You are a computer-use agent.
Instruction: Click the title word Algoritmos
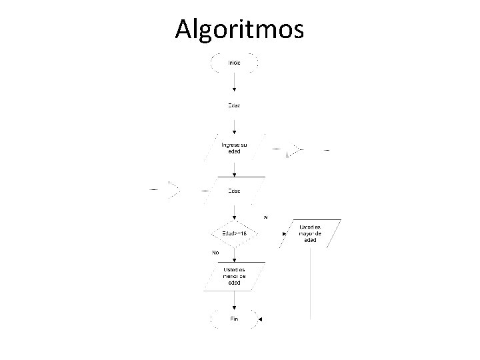239,29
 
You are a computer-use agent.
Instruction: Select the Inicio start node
235,62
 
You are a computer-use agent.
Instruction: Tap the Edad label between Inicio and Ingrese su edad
235,105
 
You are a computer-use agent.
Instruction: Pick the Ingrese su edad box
235,148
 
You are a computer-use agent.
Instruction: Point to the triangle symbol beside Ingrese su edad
294,151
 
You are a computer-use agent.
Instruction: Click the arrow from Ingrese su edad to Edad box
235,167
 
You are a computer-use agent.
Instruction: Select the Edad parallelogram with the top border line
235,190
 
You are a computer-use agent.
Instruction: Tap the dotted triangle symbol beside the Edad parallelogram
174,191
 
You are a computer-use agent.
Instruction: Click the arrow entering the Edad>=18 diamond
235,215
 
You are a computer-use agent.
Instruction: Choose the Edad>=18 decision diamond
235,233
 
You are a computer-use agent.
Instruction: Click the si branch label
265,217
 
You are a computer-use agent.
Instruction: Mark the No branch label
215,253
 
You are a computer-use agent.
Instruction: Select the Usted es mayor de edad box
311,233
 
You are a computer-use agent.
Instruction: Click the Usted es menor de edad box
235,276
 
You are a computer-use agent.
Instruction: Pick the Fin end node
235,319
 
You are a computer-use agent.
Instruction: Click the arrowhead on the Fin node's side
261,319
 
